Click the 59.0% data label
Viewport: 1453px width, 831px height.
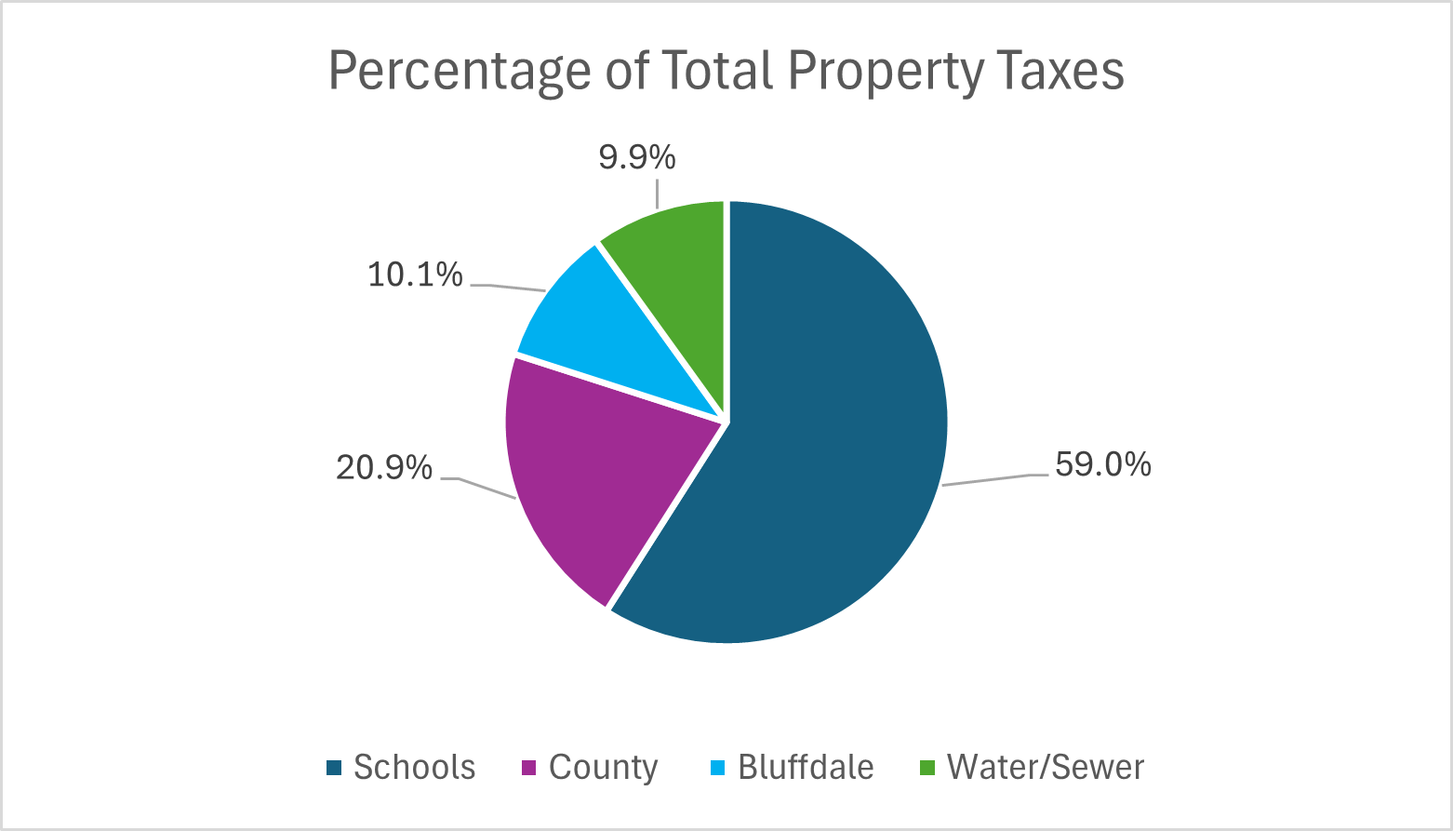1103,463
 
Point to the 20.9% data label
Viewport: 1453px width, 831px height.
384,468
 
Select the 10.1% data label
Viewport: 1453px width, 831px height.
415,275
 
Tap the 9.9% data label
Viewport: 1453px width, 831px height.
637,158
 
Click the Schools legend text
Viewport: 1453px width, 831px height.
414,768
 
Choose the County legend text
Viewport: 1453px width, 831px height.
603,768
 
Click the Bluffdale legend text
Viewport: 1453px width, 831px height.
806,768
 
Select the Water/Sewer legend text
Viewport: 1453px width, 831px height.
1045,768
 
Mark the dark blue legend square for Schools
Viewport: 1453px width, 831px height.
334,768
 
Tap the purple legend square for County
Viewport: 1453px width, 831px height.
528,768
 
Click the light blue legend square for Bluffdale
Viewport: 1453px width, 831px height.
717,768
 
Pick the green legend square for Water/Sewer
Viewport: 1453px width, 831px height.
926,768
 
